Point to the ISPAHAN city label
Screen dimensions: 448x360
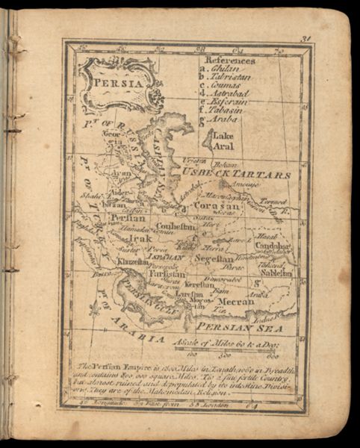(167, 256)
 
